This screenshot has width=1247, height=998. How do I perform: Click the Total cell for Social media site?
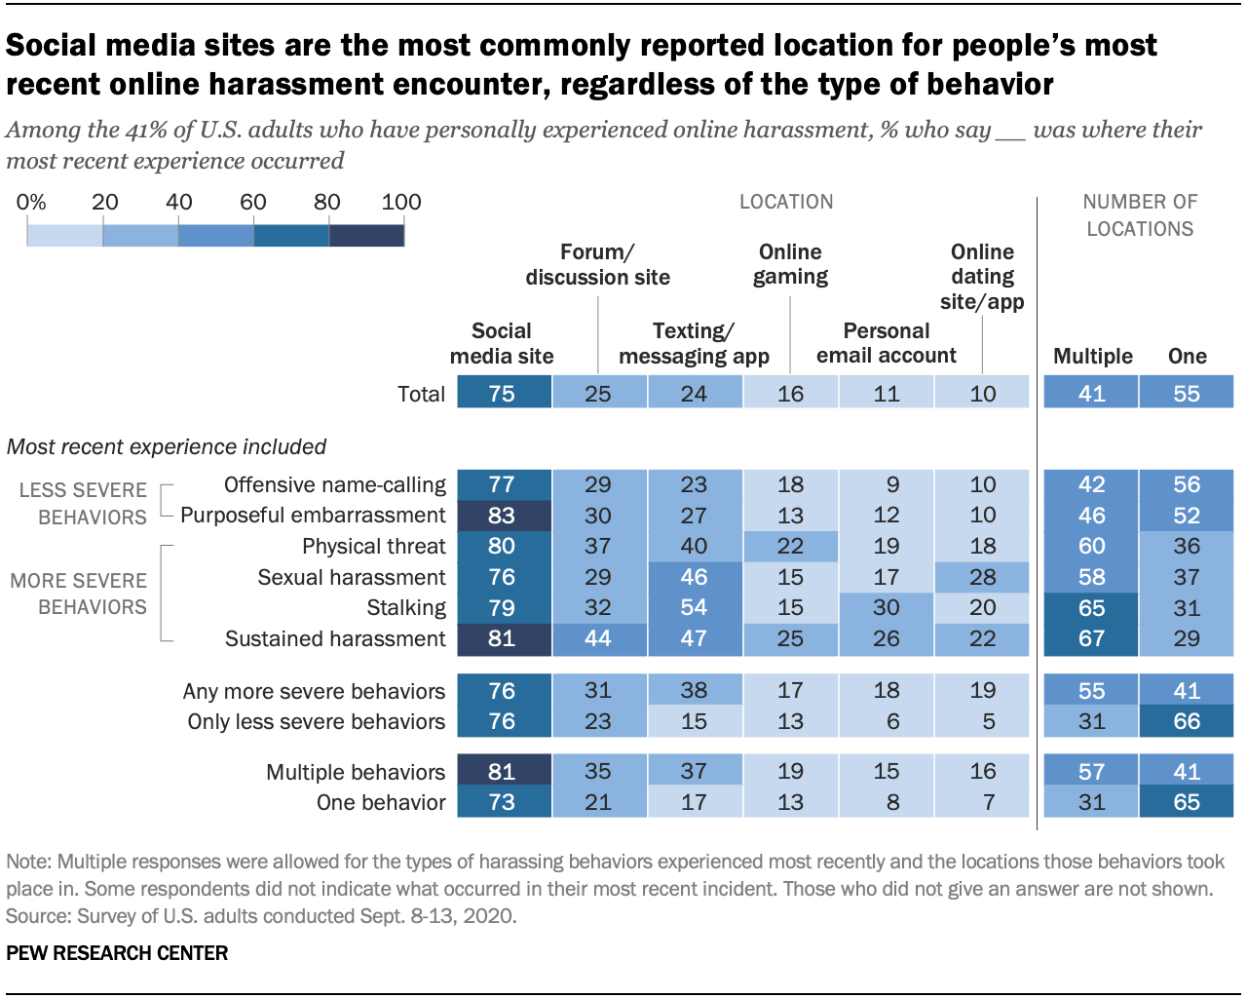coord(502,393)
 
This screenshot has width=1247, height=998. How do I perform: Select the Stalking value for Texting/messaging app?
coord(694,607)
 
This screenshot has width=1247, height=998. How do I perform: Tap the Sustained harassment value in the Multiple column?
coord(1091,638)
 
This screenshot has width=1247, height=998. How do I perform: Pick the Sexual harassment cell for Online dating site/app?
coord(982,577)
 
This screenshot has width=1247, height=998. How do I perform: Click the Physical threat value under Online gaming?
coord(790,546)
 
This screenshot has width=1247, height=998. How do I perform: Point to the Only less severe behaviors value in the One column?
coord(1186,721)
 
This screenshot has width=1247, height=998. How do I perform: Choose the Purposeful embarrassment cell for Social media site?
coord(502,515)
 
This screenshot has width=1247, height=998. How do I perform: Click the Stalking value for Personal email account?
coord(886,607)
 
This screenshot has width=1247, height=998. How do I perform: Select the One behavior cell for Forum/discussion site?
coord(597,802)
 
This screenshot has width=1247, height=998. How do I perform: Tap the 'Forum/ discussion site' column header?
coord(597,264)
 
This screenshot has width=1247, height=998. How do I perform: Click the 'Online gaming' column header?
coord(790,264)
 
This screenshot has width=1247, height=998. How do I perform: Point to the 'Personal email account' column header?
coord(886,343)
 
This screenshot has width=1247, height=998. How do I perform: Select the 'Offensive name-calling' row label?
coord(334,484)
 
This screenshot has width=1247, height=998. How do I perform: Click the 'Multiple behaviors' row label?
coord(356,772)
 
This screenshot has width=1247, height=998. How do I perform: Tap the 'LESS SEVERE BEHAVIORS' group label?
coord(83,503)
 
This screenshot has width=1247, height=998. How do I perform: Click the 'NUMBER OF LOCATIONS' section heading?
coord(1139,215)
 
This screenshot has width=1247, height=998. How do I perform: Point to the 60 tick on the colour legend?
coord(253,202)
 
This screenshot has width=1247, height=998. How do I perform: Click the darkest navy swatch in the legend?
coord(366,235)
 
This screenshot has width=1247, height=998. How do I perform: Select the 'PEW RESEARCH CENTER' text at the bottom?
coord(117,953)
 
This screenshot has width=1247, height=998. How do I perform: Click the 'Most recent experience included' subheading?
coord(167,446)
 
